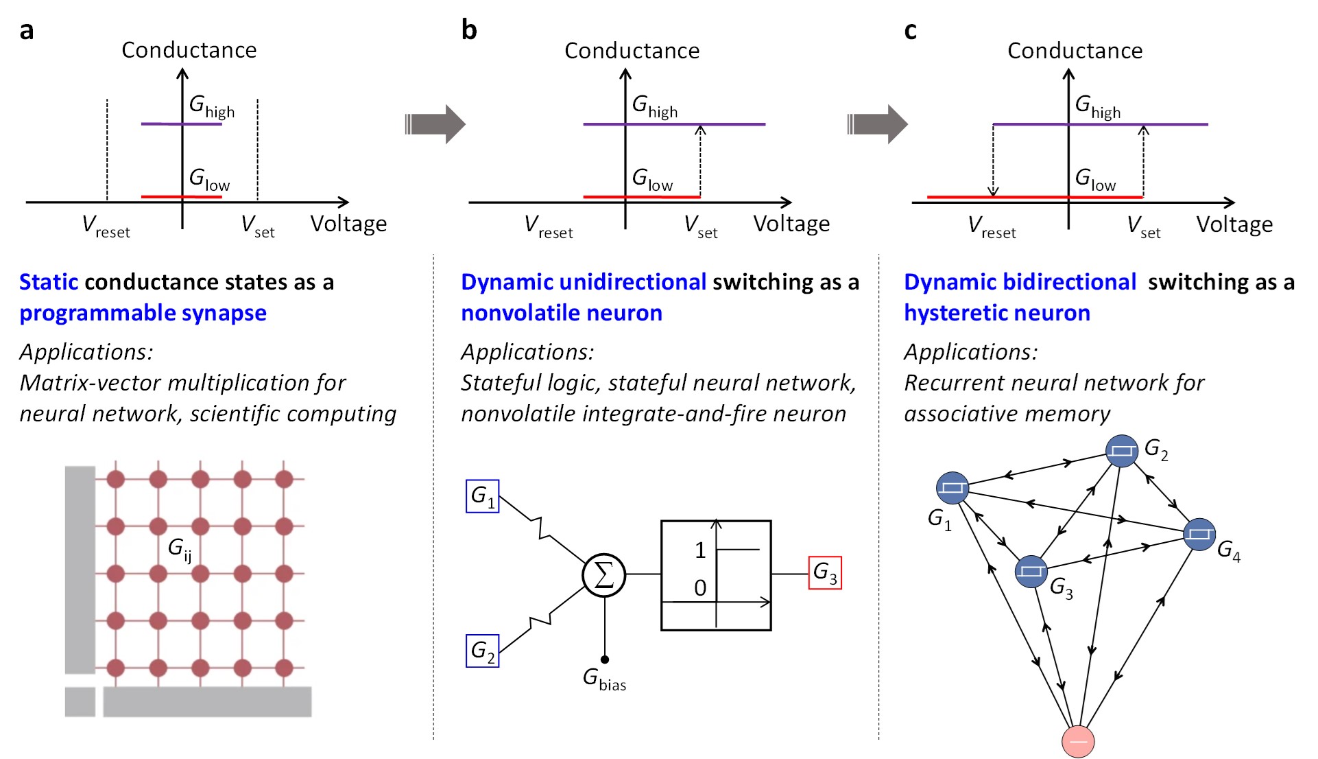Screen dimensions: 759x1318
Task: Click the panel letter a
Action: tap(26, 31)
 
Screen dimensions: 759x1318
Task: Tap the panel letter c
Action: tap(910, 31)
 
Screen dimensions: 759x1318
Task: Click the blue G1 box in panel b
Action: tap(482, 496)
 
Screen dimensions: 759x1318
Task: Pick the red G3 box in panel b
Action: tap(824, 572)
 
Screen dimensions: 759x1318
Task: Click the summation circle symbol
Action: tap(603, 575)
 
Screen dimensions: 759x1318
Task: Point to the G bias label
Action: tap(604, 679)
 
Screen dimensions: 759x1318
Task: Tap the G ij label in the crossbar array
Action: tap(180, 549)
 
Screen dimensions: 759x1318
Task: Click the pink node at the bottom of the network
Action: tap(1077, 741)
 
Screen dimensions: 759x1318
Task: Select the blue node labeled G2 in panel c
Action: tap(1122, 451)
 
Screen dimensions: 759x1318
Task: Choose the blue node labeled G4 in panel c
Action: tap(1199, 534)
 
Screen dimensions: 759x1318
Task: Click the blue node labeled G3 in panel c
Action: tap(1031, 571)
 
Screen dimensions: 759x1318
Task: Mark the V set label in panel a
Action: tap(258, 226)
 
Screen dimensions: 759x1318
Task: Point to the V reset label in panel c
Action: tap(992, 226)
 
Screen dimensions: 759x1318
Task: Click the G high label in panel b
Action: tap(654, 107)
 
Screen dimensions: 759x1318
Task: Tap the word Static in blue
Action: tap(49, 282)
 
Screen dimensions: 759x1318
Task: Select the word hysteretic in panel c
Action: tap(950, 313)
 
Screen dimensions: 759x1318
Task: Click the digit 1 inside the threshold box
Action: tap(699, 550)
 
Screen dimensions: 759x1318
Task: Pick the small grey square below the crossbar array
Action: tap(80, 701)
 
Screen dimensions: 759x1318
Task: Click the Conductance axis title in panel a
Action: tap(189, 50)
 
